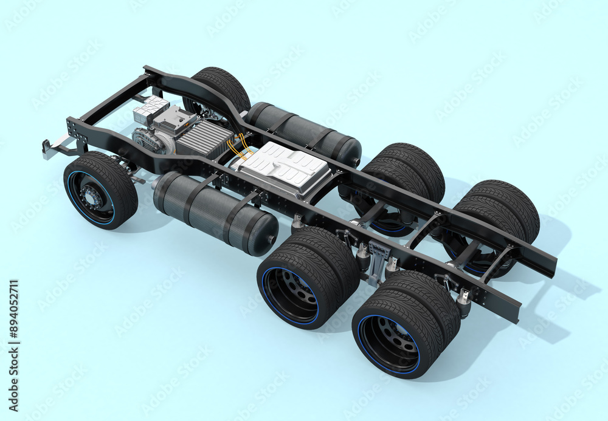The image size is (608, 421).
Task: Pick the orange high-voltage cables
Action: point(238,147)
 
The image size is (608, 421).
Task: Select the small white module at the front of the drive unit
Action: point(150,109)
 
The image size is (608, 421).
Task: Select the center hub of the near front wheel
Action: point(91,197)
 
